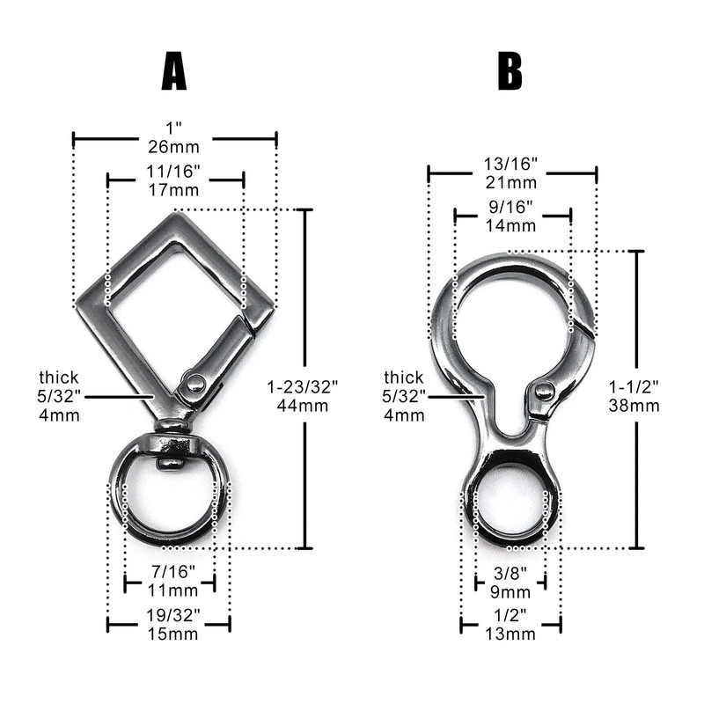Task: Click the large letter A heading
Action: [173, 71]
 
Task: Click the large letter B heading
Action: [510, 71]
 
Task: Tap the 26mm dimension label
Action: [173, 147]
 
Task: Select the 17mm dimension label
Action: [173, 190]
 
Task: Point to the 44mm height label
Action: [303, 406]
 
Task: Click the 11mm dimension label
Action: [173, 590]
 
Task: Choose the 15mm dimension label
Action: [173, 634]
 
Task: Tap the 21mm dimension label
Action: [511, 183]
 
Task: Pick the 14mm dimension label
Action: [511, 225]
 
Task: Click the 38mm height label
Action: [634, 406]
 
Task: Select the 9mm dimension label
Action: [510, 591]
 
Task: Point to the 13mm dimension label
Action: [510, 634]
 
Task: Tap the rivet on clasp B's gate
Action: [544, 390]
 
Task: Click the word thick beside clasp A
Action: [58, 378]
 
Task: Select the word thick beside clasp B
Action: [404, 378]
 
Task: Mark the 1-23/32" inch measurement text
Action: [303, 386]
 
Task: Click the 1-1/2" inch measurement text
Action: [634, 386]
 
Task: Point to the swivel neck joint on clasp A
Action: [172, 425]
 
